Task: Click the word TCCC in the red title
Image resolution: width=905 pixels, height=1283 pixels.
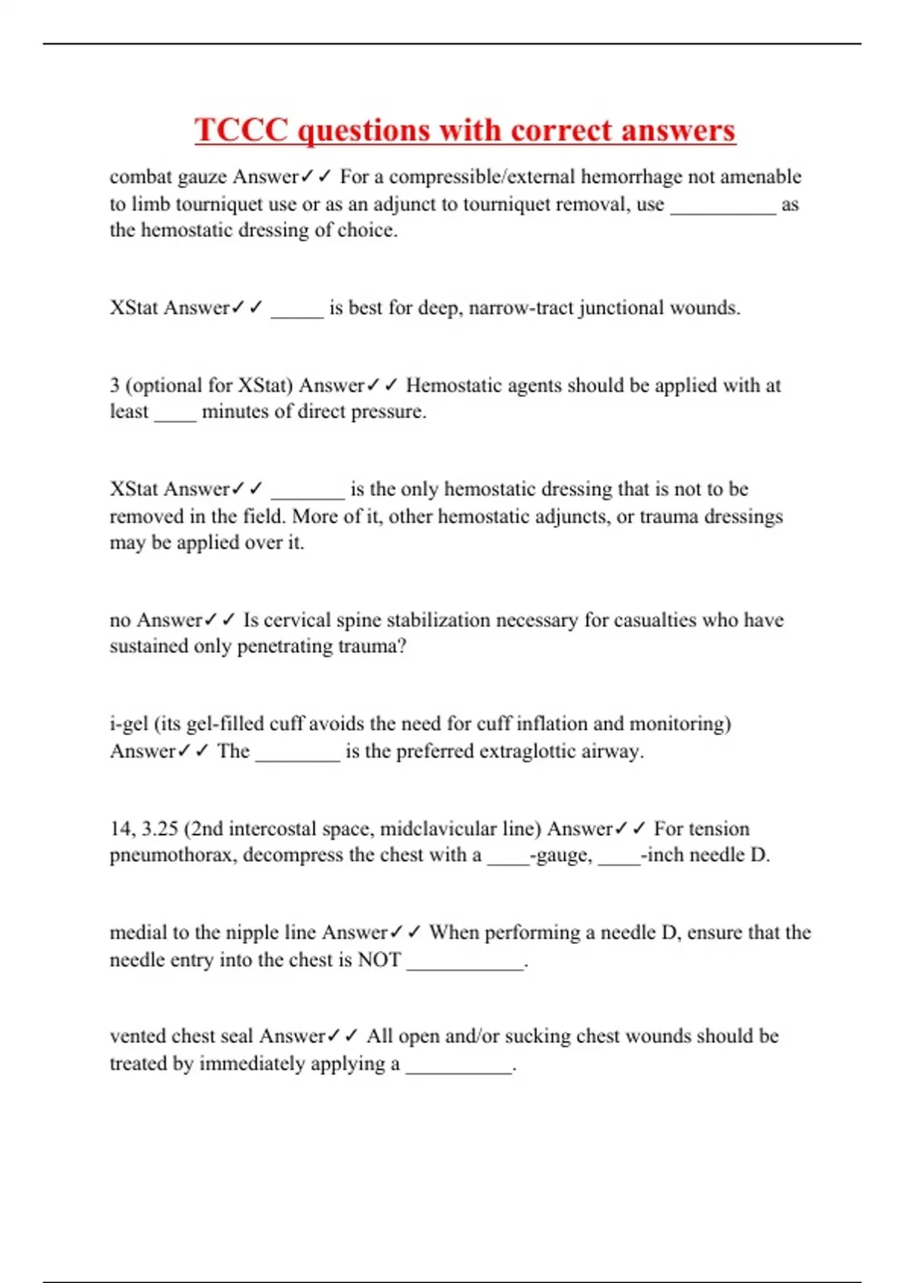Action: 241,130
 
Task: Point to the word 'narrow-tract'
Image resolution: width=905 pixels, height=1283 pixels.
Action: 520,308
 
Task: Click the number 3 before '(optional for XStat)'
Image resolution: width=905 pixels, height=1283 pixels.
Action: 115,386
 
